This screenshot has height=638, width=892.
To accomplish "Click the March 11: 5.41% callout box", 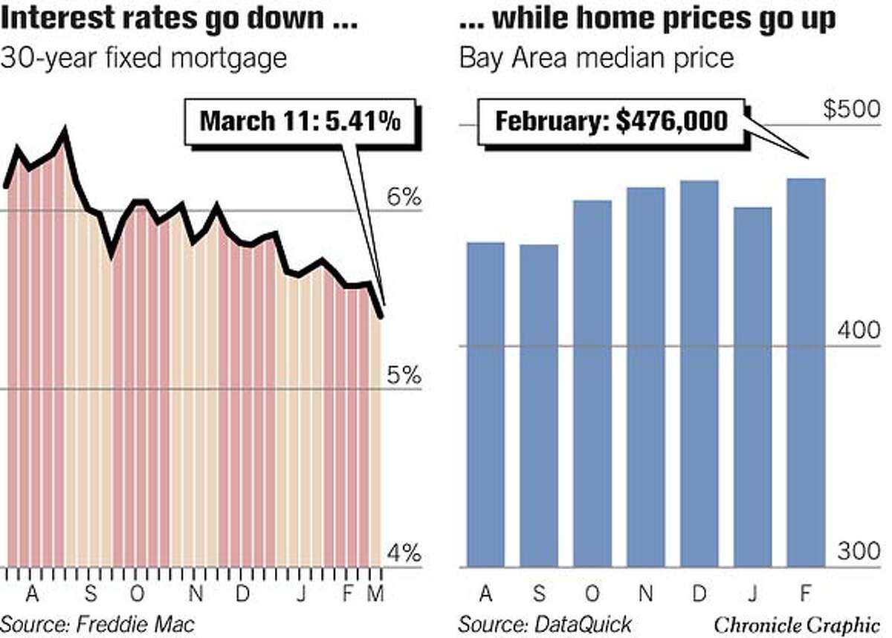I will pyautogui.click(x=300, y=120).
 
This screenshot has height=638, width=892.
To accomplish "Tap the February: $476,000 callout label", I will pyautogui.click(x=611, y=120).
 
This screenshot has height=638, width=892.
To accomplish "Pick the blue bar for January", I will pyautogui.click(x=752, y=386).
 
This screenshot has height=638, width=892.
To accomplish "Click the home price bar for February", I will pyautogui.click(x=806, y=371).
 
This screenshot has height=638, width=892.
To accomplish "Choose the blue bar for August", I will pyautogui.click(x=485, y=404).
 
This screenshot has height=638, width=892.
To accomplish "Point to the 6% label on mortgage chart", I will pyautogui.click(x=404, y=198).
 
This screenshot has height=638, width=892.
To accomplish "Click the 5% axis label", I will pyautogui.click(x=404, y=375).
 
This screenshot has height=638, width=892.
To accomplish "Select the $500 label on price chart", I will pyautogui.click(x=852, y=110).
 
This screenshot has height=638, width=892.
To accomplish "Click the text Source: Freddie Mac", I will pyautogui.click(x=97, y=622).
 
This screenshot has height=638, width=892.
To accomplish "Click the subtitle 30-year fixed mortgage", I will pyautogui.click(x=143, y=58).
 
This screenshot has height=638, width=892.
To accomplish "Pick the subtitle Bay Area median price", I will pyautogui.click(x=596, y=58).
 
